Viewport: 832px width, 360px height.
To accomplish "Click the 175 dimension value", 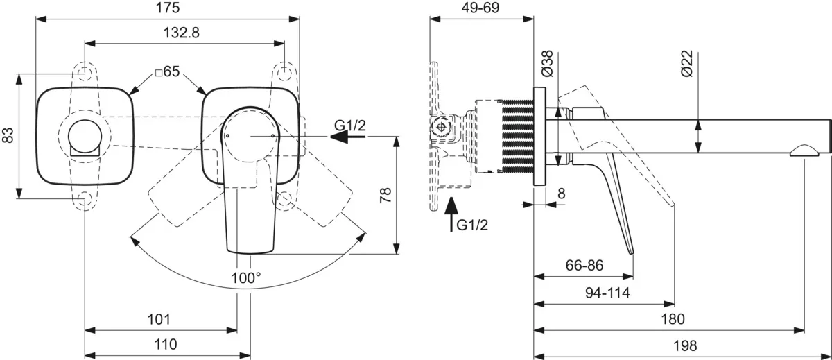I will (168, 8).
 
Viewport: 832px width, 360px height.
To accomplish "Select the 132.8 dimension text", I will (185, 33).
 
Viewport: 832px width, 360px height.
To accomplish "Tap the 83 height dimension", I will (9, 135).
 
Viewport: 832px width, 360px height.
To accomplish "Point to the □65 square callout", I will (168, 71).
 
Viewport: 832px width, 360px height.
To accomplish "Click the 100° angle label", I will (247, 277).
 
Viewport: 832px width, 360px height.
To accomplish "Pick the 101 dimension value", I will (159, 319).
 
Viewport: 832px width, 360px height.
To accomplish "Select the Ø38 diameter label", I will (547, 63).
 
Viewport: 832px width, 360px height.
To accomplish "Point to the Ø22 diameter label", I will (686, 63).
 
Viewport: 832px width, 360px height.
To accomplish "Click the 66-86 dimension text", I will (584, 264).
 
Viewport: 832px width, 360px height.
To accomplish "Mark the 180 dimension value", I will (673, 319).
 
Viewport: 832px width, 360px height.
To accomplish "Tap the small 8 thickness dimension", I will (561, 194).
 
